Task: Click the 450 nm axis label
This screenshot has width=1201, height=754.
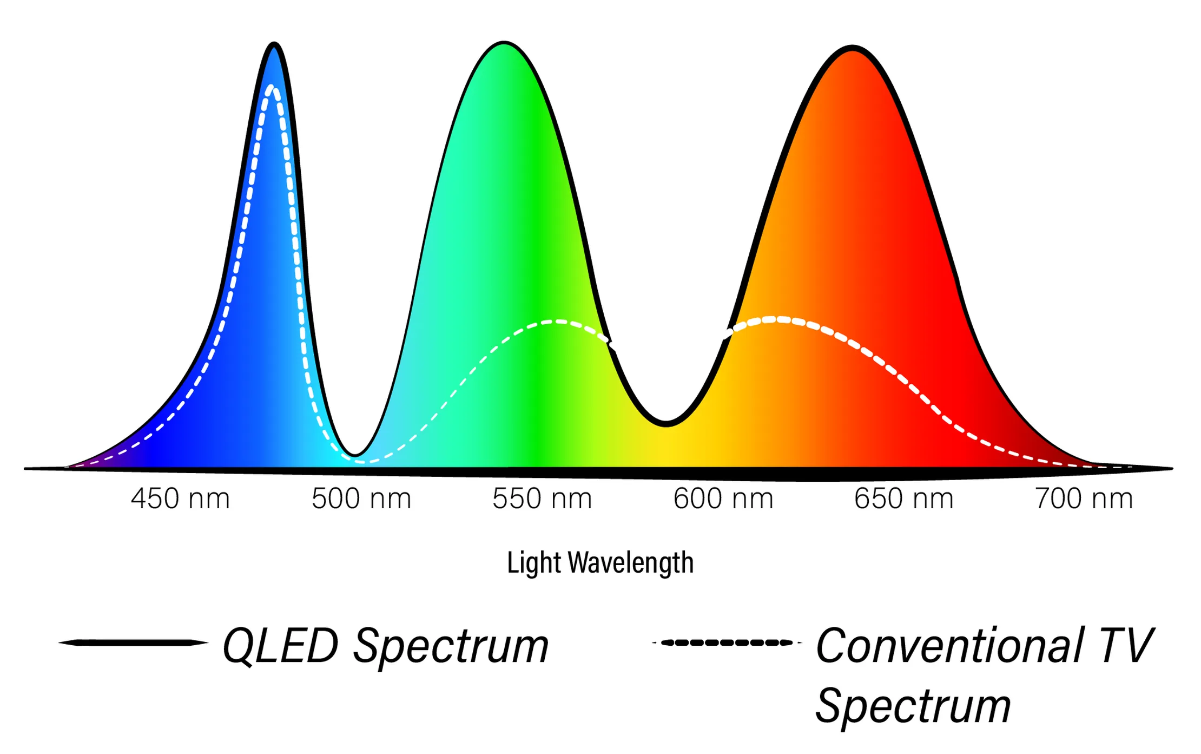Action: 180,499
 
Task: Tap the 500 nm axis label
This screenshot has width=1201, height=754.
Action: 361,499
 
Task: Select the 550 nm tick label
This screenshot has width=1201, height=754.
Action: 542,499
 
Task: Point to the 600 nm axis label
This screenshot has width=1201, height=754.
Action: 723,499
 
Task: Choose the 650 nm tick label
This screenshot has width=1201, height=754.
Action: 904,499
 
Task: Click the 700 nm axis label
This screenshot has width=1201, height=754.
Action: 1084,499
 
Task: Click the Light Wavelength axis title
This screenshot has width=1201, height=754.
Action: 600,563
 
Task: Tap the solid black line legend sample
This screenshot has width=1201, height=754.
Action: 133,643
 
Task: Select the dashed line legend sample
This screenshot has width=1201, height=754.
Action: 727,643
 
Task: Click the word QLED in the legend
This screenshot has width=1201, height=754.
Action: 280,646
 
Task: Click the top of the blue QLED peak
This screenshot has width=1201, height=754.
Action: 274,45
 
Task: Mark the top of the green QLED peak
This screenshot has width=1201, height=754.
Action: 504,43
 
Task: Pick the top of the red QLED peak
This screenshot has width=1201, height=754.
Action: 853,49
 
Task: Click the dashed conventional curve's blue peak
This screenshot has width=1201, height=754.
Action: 272,88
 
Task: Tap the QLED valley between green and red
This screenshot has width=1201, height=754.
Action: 667,423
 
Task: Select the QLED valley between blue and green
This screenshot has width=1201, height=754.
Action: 355,454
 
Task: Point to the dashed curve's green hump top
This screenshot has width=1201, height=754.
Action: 557,322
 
